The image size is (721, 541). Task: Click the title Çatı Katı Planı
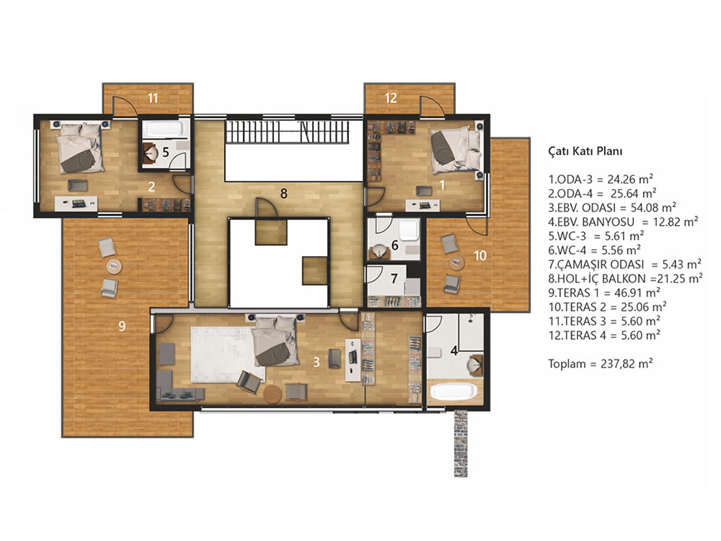pos(585,151)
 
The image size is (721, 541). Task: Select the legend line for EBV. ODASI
pos(612,208)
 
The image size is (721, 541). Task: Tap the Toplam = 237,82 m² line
pos(601,364)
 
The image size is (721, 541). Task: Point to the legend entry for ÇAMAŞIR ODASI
pos(625,265)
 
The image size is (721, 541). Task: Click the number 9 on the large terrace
pos(122,326)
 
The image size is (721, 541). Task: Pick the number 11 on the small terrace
pos(153,98)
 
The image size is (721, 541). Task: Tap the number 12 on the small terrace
pos(390,98)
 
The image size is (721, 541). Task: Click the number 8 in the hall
pos(283,193)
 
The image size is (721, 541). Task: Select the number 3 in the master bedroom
pos(316,362)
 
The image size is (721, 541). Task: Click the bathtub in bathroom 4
pos(454,392)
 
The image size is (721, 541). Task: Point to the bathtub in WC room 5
pos(163,128)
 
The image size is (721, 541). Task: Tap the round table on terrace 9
pos(114,266)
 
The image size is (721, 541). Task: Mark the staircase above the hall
pos(287,131)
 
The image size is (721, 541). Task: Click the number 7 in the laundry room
pos(394,278)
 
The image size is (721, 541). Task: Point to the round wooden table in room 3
pos(273,395)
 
